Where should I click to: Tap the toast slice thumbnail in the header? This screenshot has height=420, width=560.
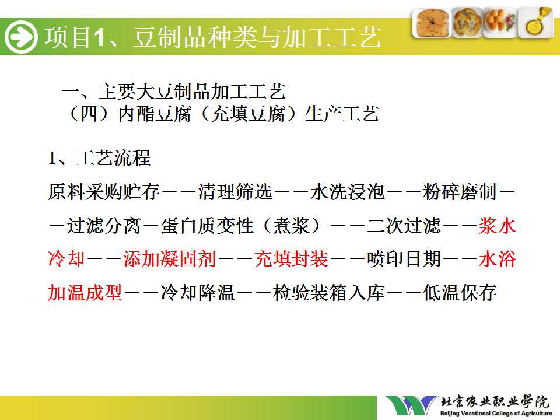431,23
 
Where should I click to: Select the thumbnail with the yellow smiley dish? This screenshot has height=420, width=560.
536,22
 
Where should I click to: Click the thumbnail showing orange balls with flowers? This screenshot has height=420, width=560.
501,23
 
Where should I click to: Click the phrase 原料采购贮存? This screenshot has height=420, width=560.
104,192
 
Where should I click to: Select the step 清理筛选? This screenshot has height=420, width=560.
235,192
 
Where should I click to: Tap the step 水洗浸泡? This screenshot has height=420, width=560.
347,192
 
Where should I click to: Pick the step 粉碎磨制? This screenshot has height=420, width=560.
460,192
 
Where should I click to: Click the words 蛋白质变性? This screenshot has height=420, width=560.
207,226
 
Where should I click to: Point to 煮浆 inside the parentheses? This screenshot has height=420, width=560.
291,226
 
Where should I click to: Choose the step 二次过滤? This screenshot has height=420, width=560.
404,226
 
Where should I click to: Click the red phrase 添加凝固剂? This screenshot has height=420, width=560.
170,259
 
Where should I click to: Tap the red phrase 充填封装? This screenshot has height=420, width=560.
291,259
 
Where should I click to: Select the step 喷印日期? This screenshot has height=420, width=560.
404,259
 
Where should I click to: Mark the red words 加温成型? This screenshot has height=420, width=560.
85,292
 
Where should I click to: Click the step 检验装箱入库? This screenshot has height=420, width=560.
328,292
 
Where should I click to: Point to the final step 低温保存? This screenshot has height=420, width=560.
460,292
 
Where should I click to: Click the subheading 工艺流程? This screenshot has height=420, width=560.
114,158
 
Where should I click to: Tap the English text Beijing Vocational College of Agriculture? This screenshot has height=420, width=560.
496,414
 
